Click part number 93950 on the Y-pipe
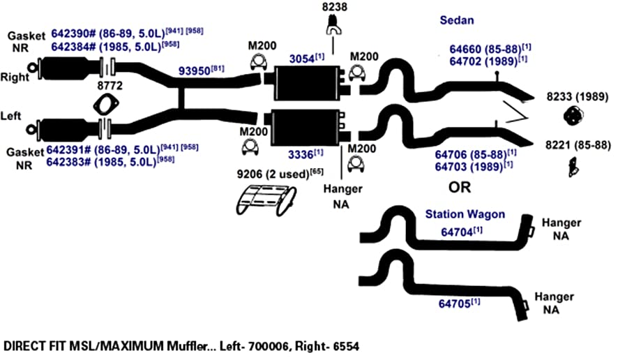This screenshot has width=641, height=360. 195,70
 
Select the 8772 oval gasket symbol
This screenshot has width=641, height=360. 106,105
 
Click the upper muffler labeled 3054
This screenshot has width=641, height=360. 307,83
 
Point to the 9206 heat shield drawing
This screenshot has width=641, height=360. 266,200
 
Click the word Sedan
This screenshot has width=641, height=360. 457,20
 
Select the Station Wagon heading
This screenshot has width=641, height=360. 465,214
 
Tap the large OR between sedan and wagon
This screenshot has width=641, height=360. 460,188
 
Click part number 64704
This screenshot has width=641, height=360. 457,232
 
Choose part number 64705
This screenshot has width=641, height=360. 454,304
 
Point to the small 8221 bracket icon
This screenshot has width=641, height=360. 573,167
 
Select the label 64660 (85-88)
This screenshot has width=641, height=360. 485,49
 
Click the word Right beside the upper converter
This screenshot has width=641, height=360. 15,77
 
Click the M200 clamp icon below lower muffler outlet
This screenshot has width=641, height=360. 356,165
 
